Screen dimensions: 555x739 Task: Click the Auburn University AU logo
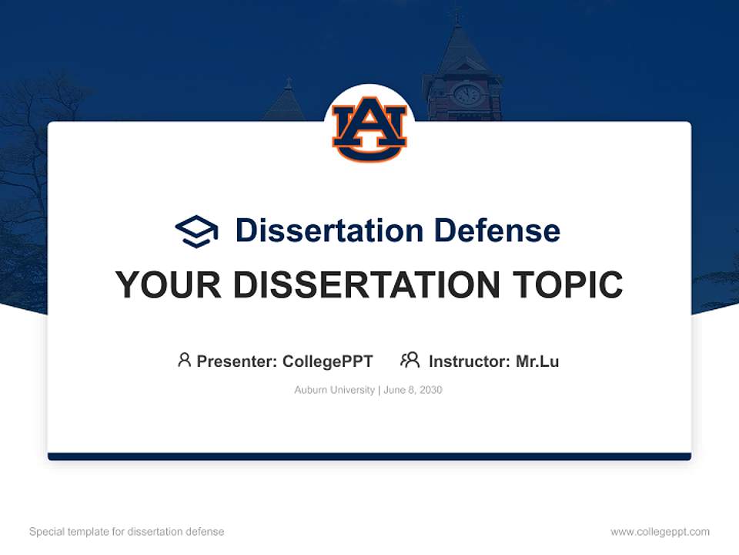click(x=369, y=129)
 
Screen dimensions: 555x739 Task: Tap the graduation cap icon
click(x=196, y=230)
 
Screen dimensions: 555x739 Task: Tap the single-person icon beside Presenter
click(x=184, y=360)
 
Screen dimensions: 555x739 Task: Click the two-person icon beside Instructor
click(x=410, y=360)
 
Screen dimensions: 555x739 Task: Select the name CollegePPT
click(x=327, y=361)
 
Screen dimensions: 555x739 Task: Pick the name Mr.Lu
click(x=537, y=361)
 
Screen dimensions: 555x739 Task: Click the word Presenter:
click(x=237, y=361)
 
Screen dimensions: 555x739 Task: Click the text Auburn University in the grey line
click(x=334, y=390)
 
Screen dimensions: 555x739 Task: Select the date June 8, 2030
click(x=413, y=390)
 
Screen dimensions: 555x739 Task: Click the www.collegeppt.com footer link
click(x=660, y=532)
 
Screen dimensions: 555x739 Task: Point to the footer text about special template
click(x=126, y=532)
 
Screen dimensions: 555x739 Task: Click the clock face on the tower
click(x=466, y=95)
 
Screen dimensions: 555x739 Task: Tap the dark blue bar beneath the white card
click(x=369, y=456)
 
